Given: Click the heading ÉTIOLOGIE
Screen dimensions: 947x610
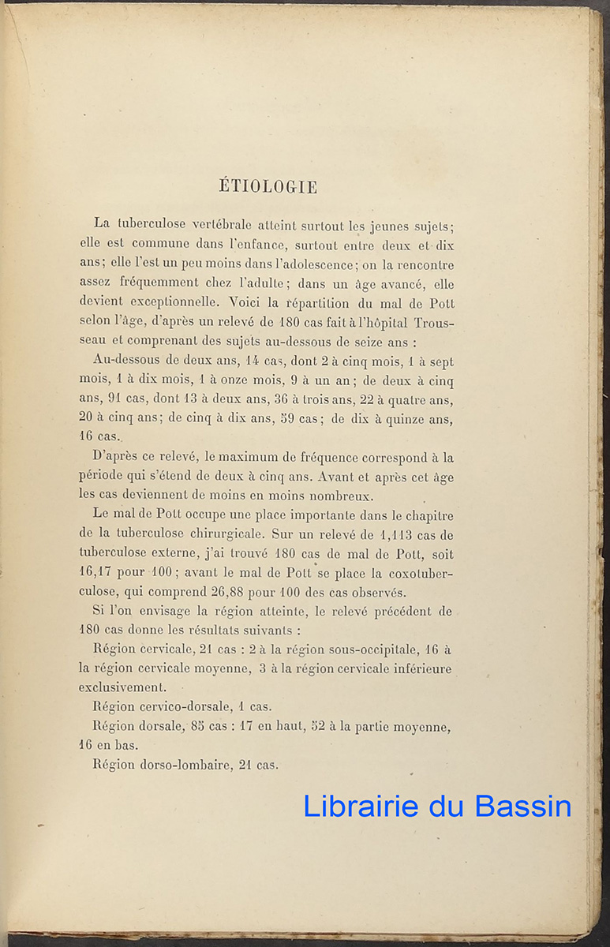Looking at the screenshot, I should pos(268,187).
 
